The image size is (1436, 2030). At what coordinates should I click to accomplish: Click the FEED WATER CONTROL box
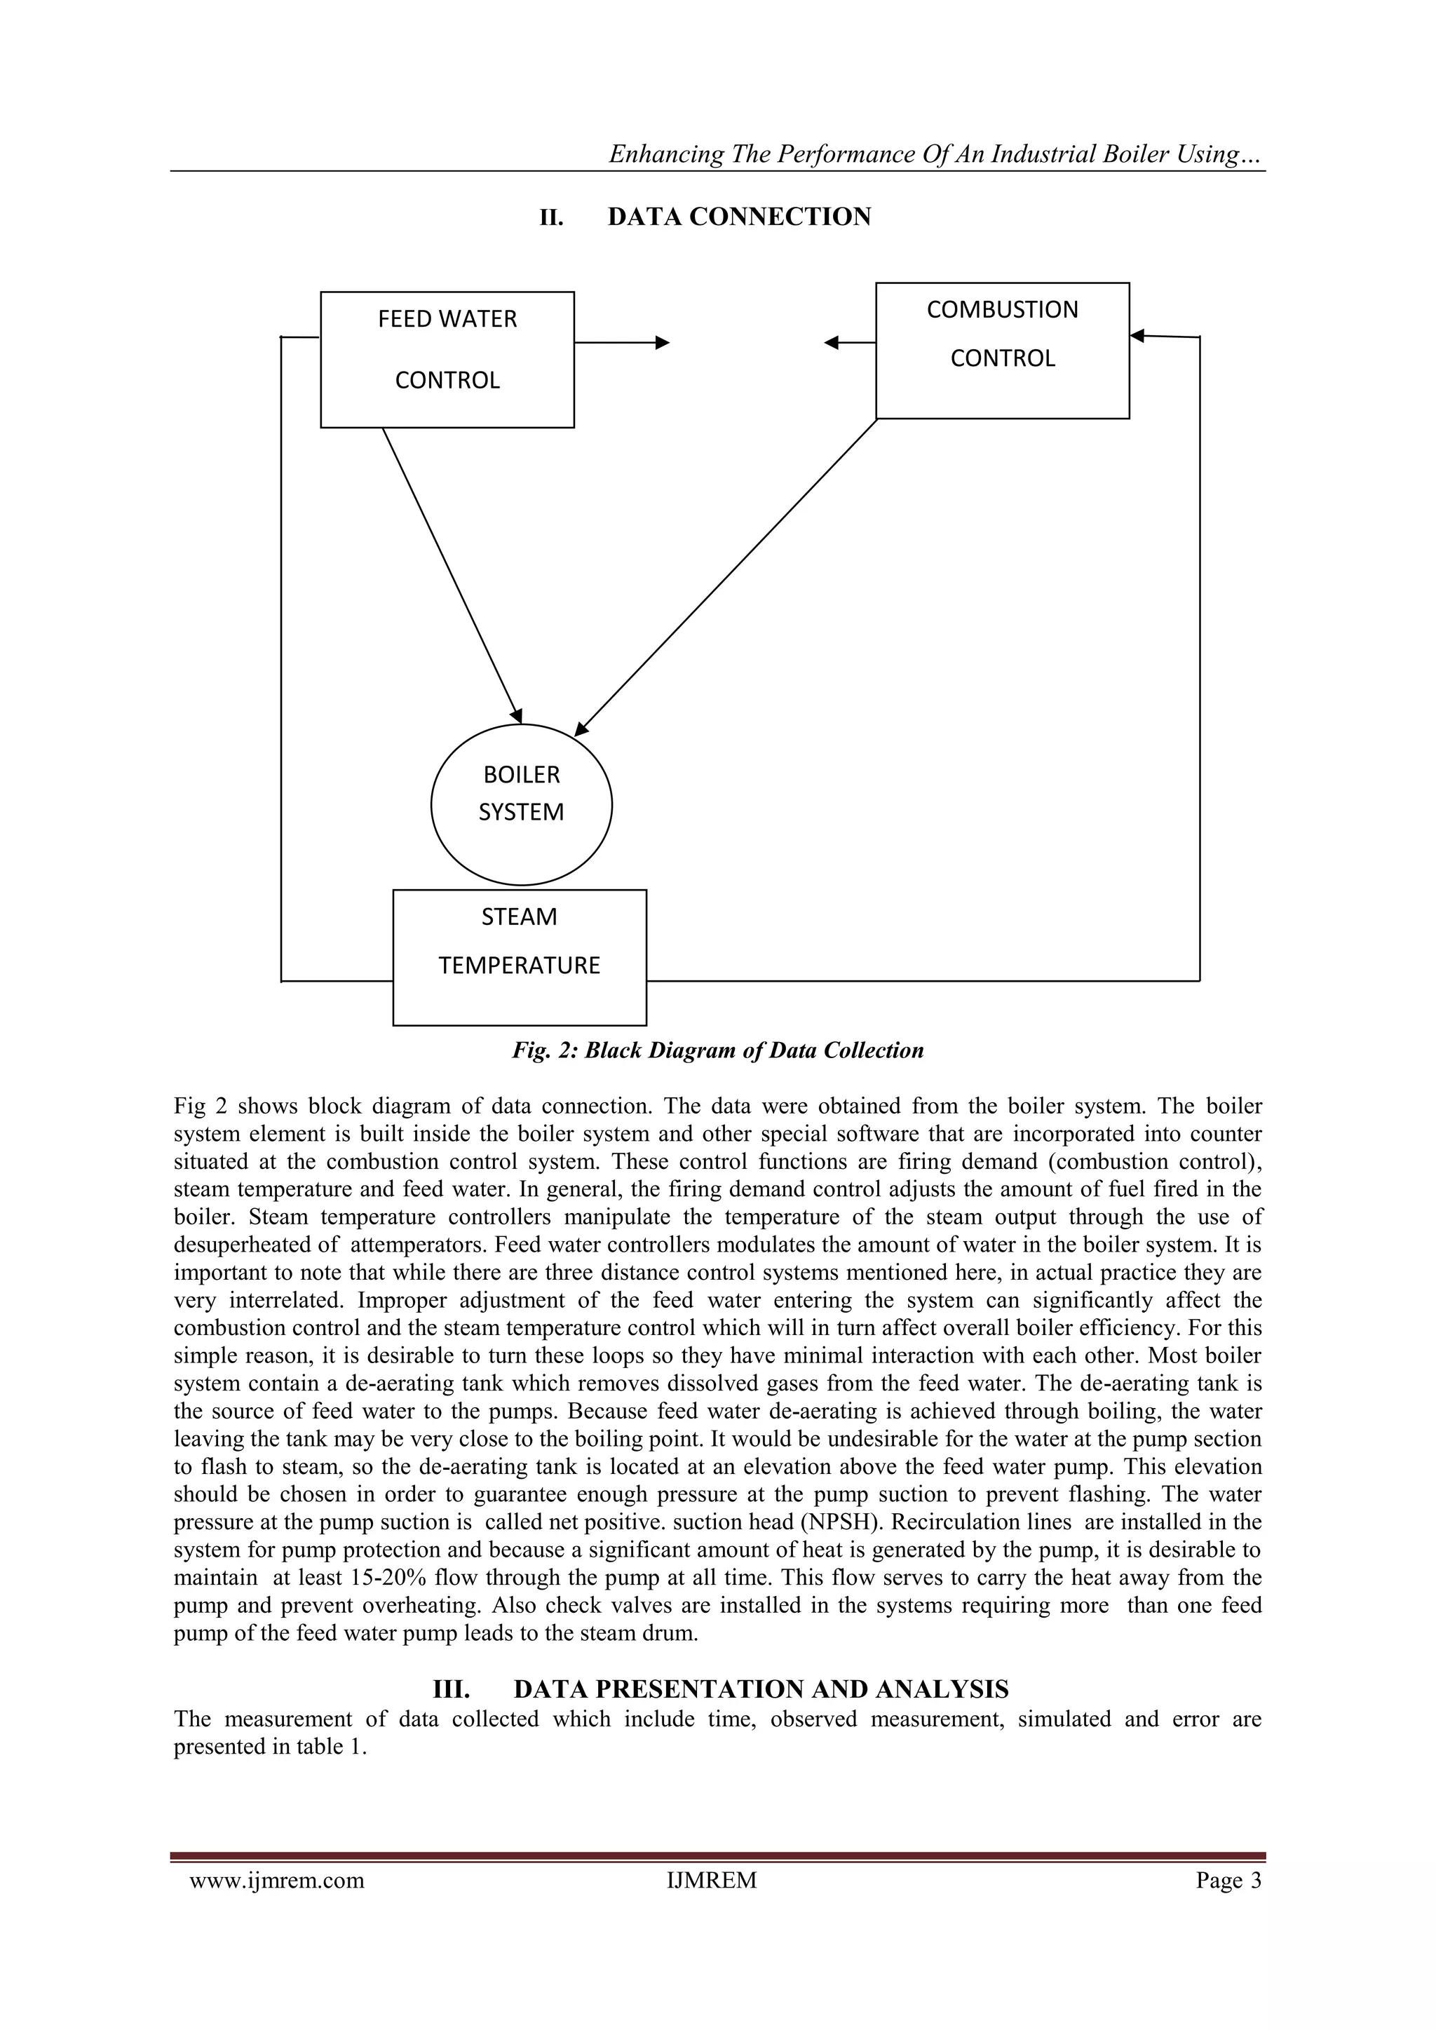pos(447,359)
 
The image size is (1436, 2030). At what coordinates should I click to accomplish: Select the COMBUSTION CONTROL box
pos(1002,350)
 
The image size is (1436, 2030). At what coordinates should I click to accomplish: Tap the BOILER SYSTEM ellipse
pos(521,804)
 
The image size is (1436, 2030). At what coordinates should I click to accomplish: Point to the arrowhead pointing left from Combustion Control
pos(831,343)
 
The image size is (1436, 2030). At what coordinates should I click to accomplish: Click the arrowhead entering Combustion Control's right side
pos(1138,335)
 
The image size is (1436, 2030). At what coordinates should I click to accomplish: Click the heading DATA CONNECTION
pos(739,217)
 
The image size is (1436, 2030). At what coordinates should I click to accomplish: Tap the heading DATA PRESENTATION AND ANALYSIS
pos(761,1689)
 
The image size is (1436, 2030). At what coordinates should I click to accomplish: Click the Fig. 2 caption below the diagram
pos(718,1050)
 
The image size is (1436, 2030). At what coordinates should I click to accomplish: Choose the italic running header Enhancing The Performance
pos(936,155)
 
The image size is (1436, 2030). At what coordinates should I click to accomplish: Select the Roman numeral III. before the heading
pos(450,1689)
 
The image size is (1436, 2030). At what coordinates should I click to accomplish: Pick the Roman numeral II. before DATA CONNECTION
pos(552,217)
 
